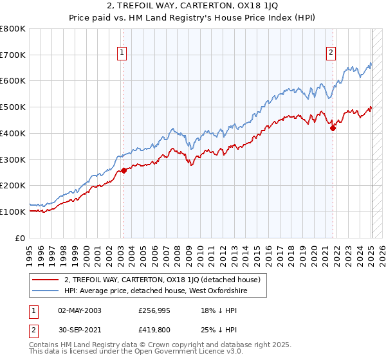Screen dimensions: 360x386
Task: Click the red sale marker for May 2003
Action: point(124,171)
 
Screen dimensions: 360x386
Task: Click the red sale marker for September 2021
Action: point(333,129)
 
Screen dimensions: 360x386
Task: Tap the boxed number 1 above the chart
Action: point(122,53)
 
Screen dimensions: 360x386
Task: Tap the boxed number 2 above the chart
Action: point(331,53)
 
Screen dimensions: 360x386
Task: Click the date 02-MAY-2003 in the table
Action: point(80,310)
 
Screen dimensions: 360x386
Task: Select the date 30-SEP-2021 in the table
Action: point(80,331)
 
